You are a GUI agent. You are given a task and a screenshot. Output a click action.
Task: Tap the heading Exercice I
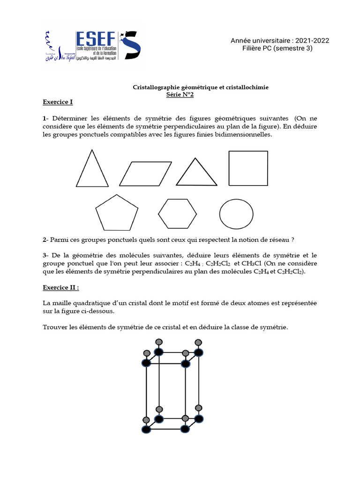[58, 102]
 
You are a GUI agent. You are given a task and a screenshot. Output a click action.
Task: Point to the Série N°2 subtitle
[180, 94]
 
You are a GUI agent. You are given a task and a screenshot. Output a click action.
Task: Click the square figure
[248, 168]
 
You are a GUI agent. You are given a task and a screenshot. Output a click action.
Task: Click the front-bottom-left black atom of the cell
[146, 429]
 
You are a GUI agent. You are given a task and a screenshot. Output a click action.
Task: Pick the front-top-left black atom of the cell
[146, 363]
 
